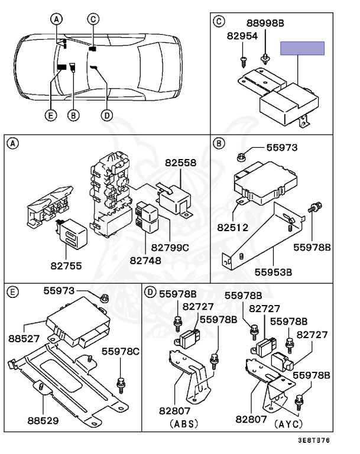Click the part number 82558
click(180, 163)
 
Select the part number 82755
click(66, 265)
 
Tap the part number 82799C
click(170, 248)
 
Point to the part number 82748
click(145, 261)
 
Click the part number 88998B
click(265, 23)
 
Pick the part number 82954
click(242, 36)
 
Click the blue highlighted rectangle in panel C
click(302, 48)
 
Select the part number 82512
click(232, 227)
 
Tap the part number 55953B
click(273, 272)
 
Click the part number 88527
click(24, 338)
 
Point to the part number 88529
click(43, 420)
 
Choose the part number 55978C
click(120, 352)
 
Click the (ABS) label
click(184, 424)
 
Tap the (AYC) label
click(288, 424)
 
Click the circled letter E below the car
click(51, 115)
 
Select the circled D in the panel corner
click(150, 292)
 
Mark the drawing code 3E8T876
click(314, 440)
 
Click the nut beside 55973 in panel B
click(241, 157)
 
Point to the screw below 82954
click(243, 62)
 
